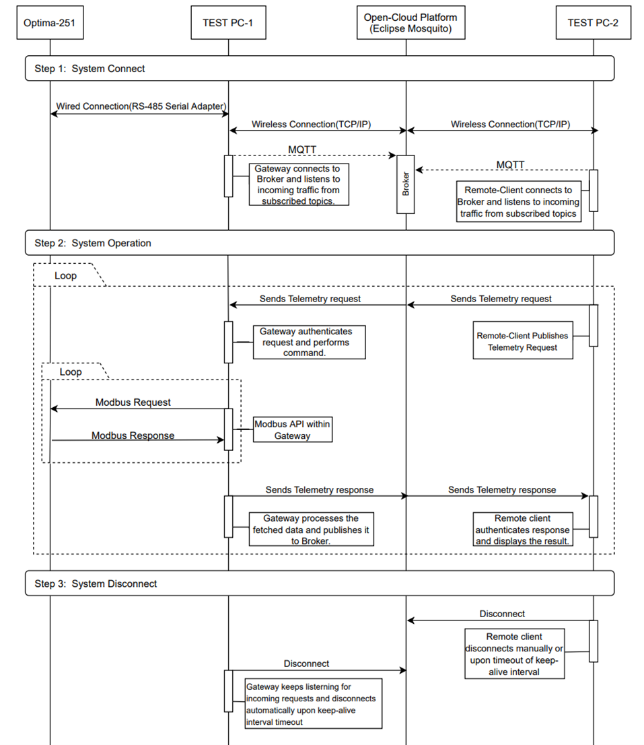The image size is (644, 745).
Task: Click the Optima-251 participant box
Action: point(50,22)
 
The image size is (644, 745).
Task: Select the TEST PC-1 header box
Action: point(227,22)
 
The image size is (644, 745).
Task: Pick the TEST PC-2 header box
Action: point(593,22)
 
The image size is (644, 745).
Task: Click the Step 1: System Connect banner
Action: point(320,69)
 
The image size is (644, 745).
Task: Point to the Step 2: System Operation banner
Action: point(320,243)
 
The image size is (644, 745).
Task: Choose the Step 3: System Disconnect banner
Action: point(320,583)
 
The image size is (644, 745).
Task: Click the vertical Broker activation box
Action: point(405,184)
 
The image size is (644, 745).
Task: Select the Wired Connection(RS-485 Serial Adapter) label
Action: point(141,106)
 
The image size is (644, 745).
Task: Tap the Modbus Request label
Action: point(133,402)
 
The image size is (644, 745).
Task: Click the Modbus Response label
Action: point(133,435)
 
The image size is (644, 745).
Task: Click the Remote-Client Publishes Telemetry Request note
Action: point(522,341)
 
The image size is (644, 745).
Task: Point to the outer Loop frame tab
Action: point(65,275)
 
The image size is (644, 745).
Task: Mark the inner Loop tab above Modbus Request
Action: point(71,371)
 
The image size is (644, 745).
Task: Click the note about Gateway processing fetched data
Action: point(310,530)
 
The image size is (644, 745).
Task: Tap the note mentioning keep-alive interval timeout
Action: point(314,703)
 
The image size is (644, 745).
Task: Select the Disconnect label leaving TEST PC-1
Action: point(306,664)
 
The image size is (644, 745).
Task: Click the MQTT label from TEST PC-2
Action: point(510,164)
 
